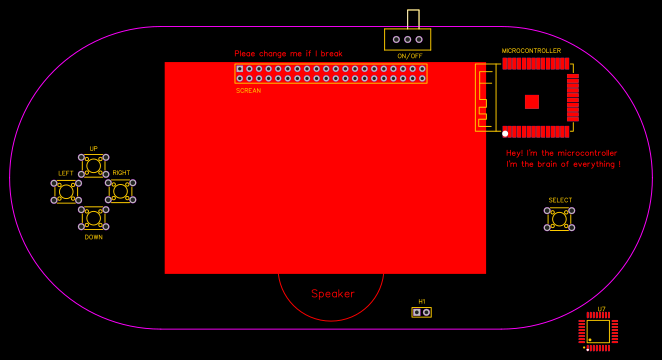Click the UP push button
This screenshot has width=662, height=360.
(x=93, y=164)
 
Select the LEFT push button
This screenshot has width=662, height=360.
(x=66, y=191)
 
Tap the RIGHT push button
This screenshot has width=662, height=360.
(x=121, y=191)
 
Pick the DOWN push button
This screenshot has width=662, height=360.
(x=93, y=217)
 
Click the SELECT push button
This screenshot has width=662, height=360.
(x=560, y=218)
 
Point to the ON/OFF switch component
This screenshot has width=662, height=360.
(x=408, y=39)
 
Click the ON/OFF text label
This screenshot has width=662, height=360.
(x=409, y=56)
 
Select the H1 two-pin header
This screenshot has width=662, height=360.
(x=422, y=312)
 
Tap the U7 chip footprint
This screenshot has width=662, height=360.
(x=598, y=331)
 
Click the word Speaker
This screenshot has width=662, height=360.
(x=333, y=294)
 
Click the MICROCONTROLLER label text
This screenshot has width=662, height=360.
(x=531, y=51)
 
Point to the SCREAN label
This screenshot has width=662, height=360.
(x=248, y=91)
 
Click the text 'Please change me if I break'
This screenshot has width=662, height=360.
(x=288, y=54)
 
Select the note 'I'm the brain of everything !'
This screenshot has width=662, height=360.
(x=563, y=164)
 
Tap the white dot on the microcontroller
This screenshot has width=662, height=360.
(x=505, y=133)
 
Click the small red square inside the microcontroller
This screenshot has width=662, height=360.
(x=532, y=102)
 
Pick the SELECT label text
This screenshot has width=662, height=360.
(x=560, y=200)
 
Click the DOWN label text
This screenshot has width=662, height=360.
(x=93, y=237)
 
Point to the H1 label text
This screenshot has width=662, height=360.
(x=422, y=301)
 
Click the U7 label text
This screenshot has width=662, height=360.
(x=601, y=309)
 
